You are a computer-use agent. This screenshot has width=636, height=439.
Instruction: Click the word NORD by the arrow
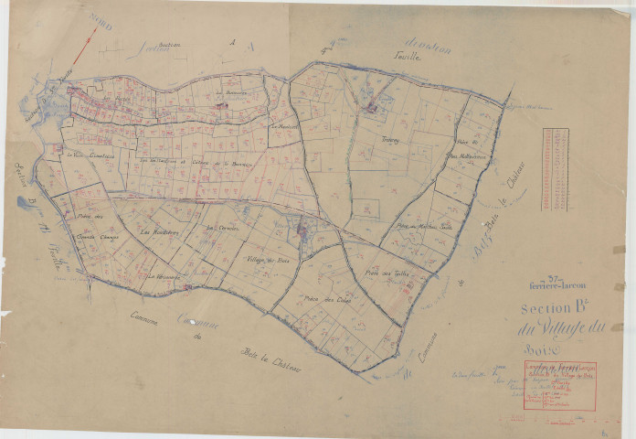tap(101, 22)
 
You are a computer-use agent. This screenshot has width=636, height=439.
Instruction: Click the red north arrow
tap(83, 45)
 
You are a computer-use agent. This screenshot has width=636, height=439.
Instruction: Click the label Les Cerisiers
tap(222, 228)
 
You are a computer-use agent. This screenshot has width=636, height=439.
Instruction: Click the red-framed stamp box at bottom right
tap(559, 385)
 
